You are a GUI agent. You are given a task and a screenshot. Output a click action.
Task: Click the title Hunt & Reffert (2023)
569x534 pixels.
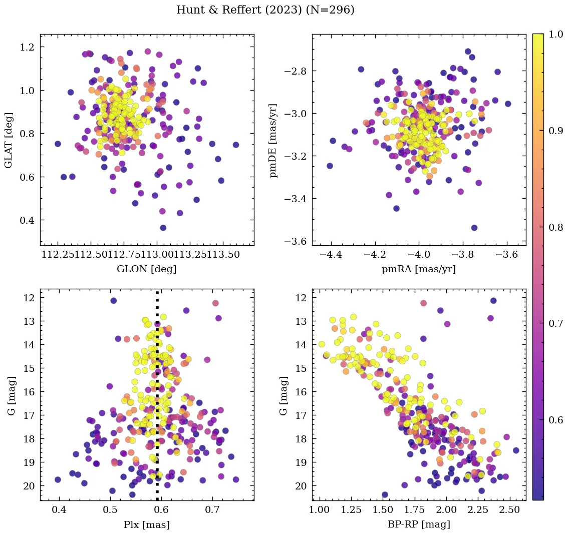tap(265, 10)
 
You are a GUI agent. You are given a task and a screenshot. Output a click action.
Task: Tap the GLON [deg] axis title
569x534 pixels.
tap(146, 269)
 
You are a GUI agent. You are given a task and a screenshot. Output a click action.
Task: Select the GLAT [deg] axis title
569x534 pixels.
tap(9, 140)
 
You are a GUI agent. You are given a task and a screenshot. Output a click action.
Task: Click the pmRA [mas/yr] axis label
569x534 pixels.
tap(419, 269)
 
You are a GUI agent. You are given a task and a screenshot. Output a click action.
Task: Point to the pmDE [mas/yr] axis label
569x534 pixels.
tap(273, 140)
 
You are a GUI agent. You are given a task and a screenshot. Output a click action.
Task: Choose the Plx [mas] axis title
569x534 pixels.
tap(146, 524)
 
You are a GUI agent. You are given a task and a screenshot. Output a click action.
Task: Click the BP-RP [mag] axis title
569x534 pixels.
tap(419, 524)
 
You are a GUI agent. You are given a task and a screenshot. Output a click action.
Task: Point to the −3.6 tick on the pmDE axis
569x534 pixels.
tap(295, 242)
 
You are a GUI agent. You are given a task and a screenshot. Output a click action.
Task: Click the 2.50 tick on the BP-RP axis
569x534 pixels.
tap(510, 510)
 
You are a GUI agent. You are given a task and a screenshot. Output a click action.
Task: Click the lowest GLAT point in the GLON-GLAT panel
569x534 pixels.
tap(163, 228)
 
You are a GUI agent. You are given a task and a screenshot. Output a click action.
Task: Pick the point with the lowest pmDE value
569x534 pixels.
tap(474, 228)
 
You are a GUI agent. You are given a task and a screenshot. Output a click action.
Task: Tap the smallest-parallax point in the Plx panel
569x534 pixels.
tap(58, 479)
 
